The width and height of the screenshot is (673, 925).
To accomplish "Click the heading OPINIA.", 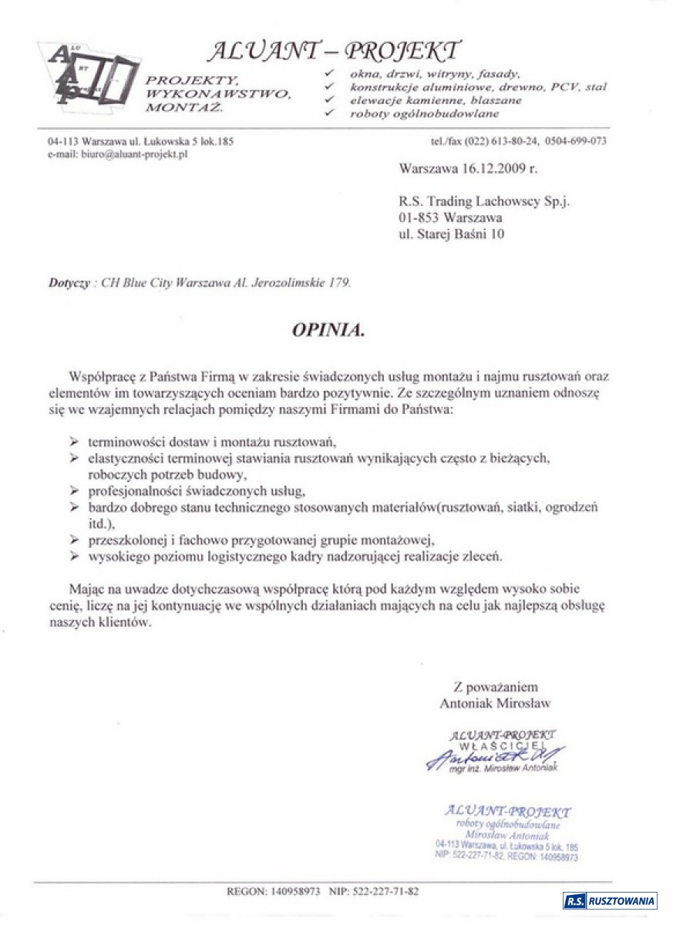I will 327,330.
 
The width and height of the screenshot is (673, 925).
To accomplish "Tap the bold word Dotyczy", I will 69,283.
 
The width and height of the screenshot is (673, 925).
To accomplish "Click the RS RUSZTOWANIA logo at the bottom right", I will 609,900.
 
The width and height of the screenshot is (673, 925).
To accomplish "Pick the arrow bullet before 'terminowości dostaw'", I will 74,441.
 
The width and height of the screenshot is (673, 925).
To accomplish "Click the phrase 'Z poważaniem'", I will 495,688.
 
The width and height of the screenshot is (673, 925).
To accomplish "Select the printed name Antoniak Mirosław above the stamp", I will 495,703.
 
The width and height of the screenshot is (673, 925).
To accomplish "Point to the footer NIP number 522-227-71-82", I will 385,891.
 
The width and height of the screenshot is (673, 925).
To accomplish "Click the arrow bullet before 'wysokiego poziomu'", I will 74,555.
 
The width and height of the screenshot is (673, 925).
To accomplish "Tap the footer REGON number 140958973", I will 295,891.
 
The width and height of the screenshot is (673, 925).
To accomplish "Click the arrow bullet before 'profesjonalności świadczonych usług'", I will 74,490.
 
